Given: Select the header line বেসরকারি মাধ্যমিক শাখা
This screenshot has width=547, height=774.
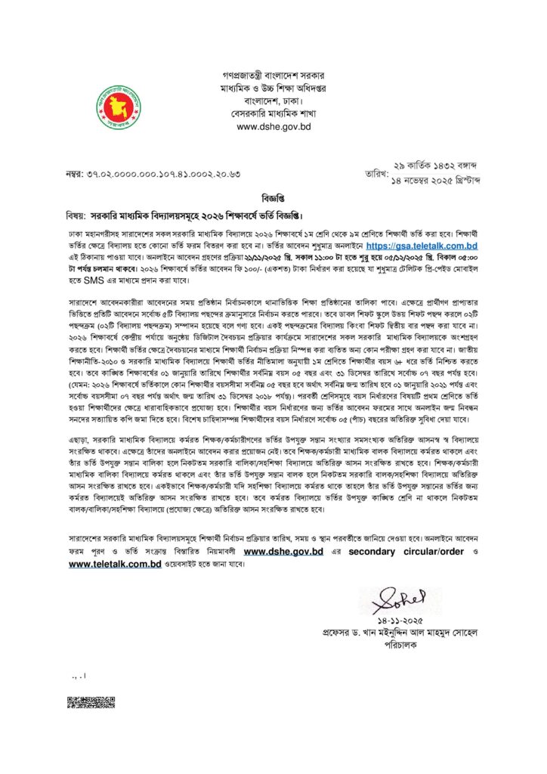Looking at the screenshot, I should [273, 114].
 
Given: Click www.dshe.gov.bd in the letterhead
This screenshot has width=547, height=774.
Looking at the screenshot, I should [273, 127].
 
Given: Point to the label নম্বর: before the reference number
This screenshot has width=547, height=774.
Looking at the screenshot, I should [76, 175].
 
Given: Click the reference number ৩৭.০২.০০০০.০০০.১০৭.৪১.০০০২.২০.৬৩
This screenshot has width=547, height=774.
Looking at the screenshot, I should [165, 175].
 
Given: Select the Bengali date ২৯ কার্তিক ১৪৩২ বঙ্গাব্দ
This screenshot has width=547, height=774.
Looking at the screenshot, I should [437, 166].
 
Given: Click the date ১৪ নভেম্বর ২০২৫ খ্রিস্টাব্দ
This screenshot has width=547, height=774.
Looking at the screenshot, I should [437, 181].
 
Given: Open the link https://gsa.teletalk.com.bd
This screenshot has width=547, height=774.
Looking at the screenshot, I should [422, 246].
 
